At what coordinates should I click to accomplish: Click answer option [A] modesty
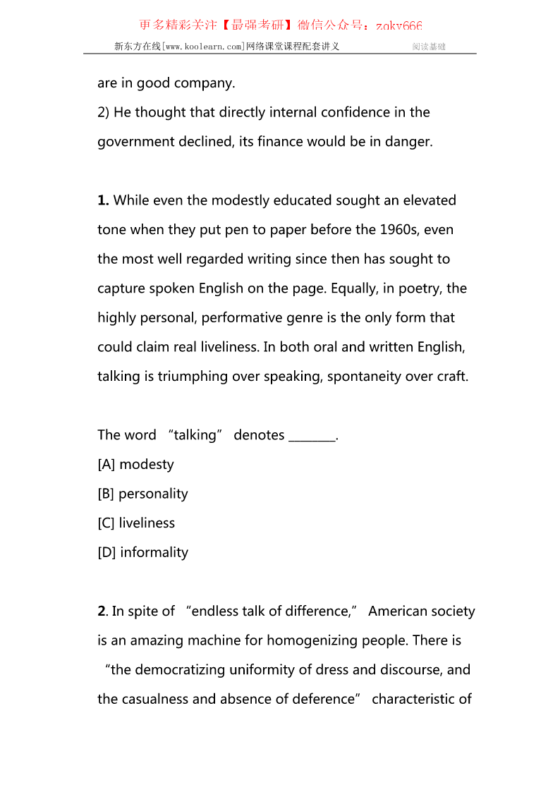click(x=135, y=464)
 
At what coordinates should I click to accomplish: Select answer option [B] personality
click(x=142, y=494)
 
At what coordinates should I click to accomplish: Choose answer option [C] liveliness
click(x=136, y=523)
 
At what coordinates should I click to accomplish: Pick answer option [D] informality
click(x=143, y=552)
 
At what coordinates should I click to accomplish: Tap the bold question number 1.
click(x=103, y=200)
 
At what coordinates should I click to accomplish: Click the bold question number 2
click(x=102, y=611)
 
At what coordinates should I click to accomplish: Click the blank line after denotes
click(x=312, y=435)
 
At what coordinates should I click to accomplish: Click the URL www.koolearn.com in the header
click(x=204, y=47)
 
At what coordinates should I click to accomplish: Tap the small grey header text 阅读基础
click(x=429, y=47)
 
